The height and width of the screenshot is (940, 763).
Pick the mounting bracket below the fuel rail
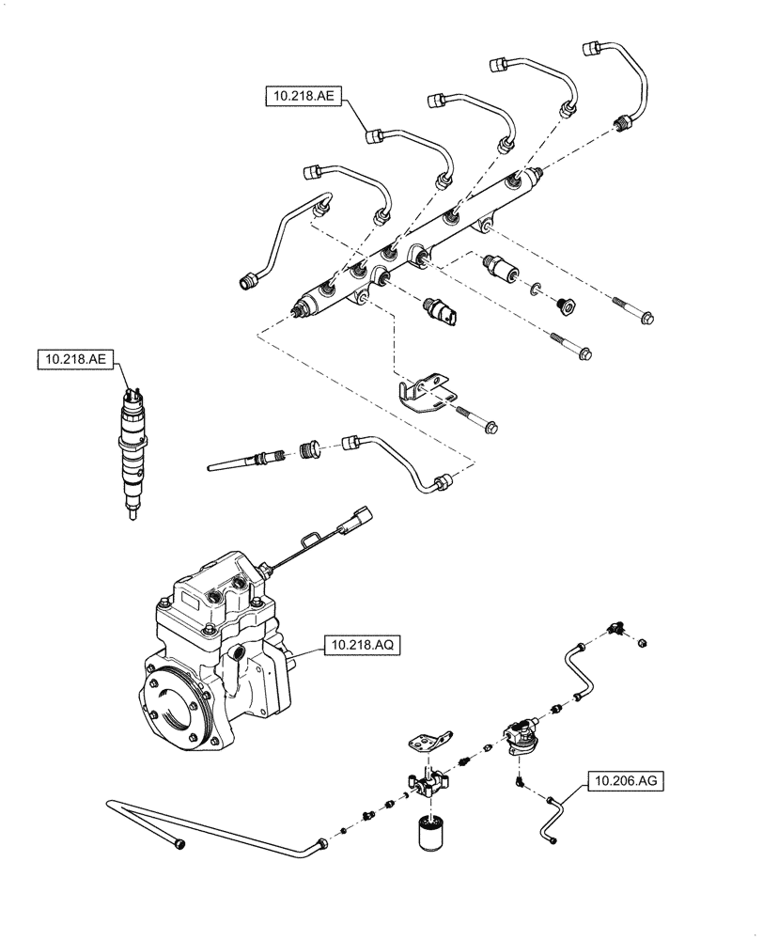[428, 394]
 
